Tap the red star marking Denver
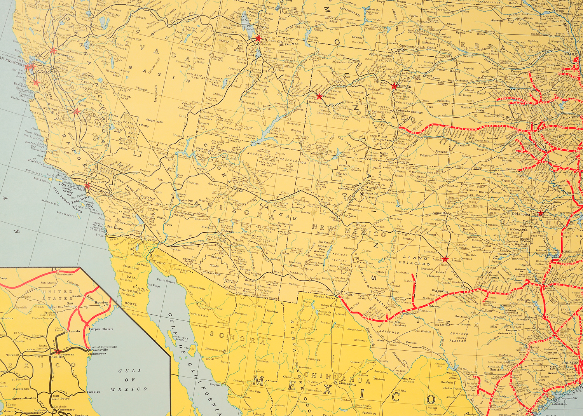394,86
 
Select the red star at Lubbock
445,259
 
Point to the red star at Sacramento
53,50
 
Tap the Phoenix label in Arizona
227,231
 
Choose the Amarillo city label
440,213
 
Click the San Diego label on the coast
115,228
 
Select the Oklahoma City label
525,214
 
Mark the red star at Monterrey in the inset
58,352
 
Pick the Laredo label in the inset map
74,331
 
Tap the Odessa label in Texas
434,306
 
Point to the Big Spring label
440,291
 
